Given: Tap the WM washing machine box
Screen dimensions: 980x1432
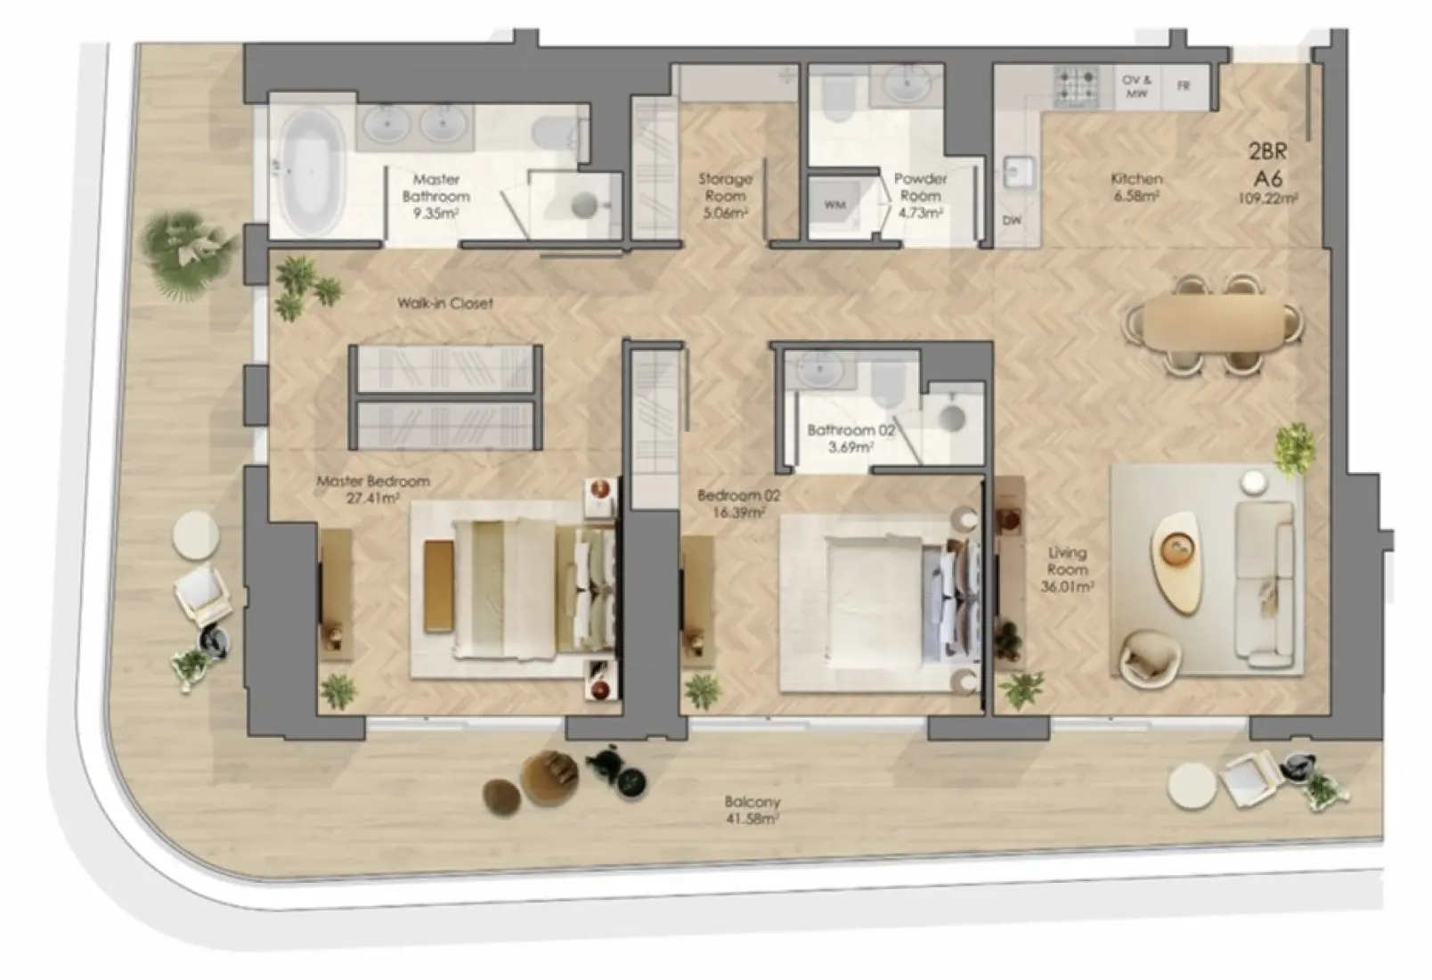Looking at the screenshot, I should tap(834, 205).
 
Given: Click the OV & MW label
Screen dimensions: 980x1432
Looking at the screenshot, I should tap(1136, 86).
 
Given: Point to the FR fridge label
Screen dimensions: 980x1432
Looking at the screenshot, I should tap(1184, 86).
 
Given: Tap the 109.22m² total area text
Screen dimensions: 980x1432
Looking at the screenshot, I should tap(1267, 199).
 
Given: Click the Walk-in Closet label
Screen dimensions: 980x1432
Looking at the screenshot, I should tap(444, 303).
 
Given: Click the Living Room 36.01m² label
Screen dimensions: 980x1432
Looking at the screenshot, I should tap(1067, 570).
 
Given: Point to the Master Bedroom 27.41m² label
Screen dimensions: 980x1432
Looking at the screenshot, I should tap(373, 489).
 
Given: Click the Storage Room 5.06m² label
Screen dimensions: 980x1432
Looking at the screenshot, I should tap(724, 196).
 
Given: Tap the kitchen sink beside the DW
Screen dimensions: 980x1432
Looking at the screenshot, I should tap(1016, 172).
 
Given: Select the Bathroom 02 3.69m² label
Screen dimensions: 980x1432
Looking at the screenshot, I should tap(850, 438).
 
